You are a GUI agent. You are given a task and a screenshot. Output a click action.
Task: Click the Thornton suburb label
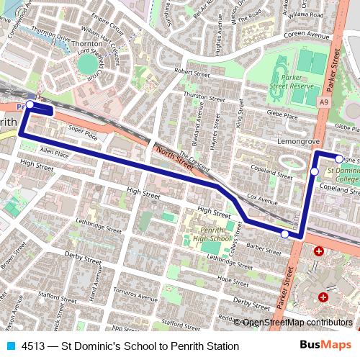(x=87, y=44)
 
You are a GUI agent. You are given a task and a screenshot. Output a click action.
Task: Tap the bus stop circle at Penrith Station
(x=30, y=105)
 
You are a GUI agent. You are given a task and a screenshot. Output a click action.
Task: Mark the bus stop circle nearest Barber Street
(x=284, y=234)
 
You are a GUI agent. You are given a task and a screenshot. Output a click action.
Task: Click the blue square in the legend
(x=9, y=346)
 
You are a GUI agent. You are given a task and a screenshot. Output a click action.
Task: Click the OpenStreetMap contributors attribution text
(x=296, y=323)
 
